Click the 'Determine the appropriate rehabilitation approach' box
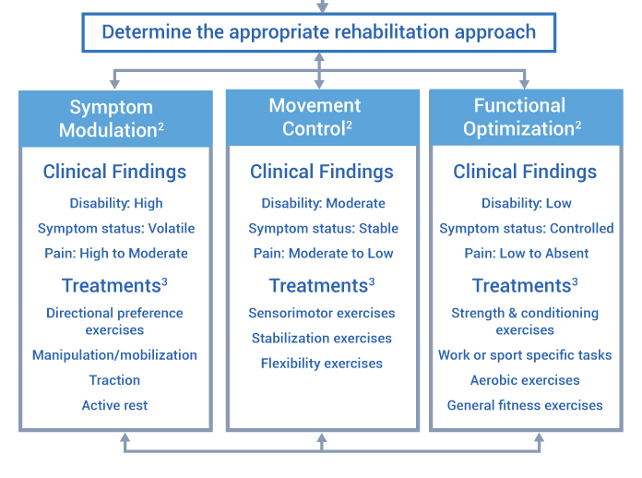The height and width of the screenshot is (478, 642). click(x=319, y=32)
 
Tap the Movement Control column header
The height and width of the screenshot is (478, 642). click(x=319, y=117)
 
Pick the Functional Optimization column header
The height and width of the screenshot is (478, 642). click(x=524, y=117)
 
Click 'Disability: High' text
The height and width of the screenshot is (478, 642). click(x=115, y=203)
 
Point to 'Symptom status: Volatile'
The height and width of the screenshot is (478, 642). click(x=116, y=228)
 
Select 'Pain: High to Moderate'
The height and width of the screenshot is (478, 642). click(x=115, y=253)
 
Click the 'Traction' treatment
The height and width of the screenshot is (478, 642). click(x=115, y=380)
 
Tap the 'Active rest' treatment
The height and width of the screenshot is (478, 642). click(x=114, y=405)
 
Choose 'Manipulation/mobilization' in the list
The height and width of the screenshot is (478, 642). click(x=114, y=355)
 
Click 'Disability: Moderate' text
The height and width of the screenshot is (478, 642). click(x=323, y=203)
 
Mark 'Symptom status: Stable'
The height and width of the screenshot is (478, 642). click(x=322, y=228)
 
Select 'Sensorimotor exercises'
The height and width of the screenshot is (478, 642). click(x=322, y=313)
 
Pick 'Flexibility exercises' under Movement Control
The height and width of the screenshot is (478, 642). click(x=322, y=364)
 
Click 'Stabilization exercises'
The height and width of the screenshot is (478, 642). click(x=322, y=339)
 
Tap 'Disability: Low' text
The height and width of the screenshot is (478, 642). click(x=526, y=203)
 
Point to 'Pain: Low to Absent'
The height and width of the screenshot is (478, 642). click(x=527, y=253)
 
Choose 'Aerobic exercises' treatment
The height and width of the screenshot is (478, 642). click(x=525, y=380)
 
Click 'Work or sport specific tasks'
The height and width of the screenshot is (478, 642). click(x=525, y=355)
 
